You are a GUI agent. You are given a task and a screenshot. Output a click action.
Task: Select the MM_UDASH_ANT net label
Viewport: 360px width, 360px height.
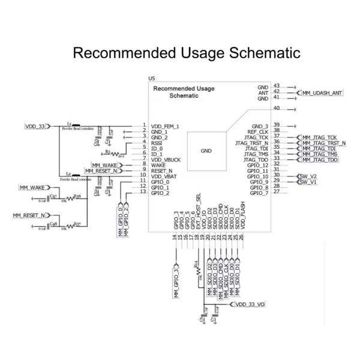pos(322,93)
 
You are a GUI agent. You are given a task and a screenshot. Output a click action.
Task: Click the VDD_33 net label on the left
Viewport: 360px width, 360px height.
pos(35,127)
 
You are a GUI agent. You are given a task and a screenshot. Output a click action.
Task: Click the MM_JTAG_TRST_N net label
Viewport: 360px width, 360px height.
pos(325,143)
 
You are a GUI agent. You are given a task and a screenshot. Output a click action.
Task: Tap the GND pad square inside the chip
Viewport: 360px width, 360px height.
pos(206,151)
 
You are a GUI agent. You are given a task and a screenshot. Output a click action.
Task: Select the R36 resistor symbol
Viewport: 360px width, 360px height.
pos(76,199)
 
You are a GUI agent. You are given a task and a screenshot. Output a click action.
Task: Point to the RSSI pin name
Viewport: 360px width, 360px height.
pos(157,142)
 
